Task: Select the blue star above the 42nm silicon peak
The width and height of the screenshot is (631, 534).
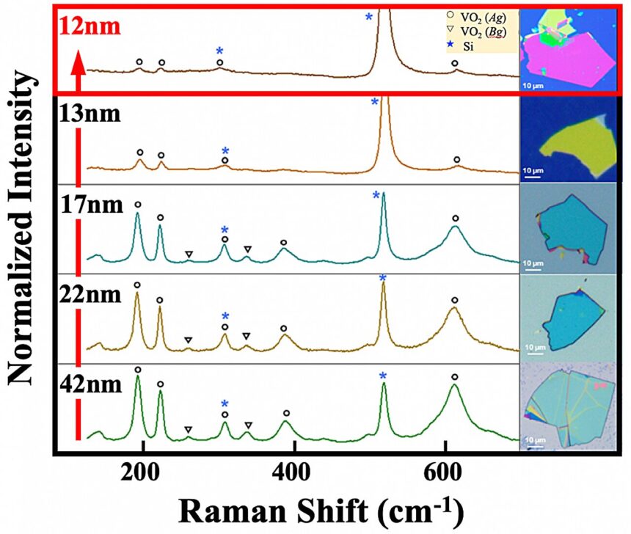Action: point(382,377)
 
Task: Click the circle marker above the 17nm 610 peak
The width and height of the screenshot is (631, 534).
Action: point(455,218)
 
